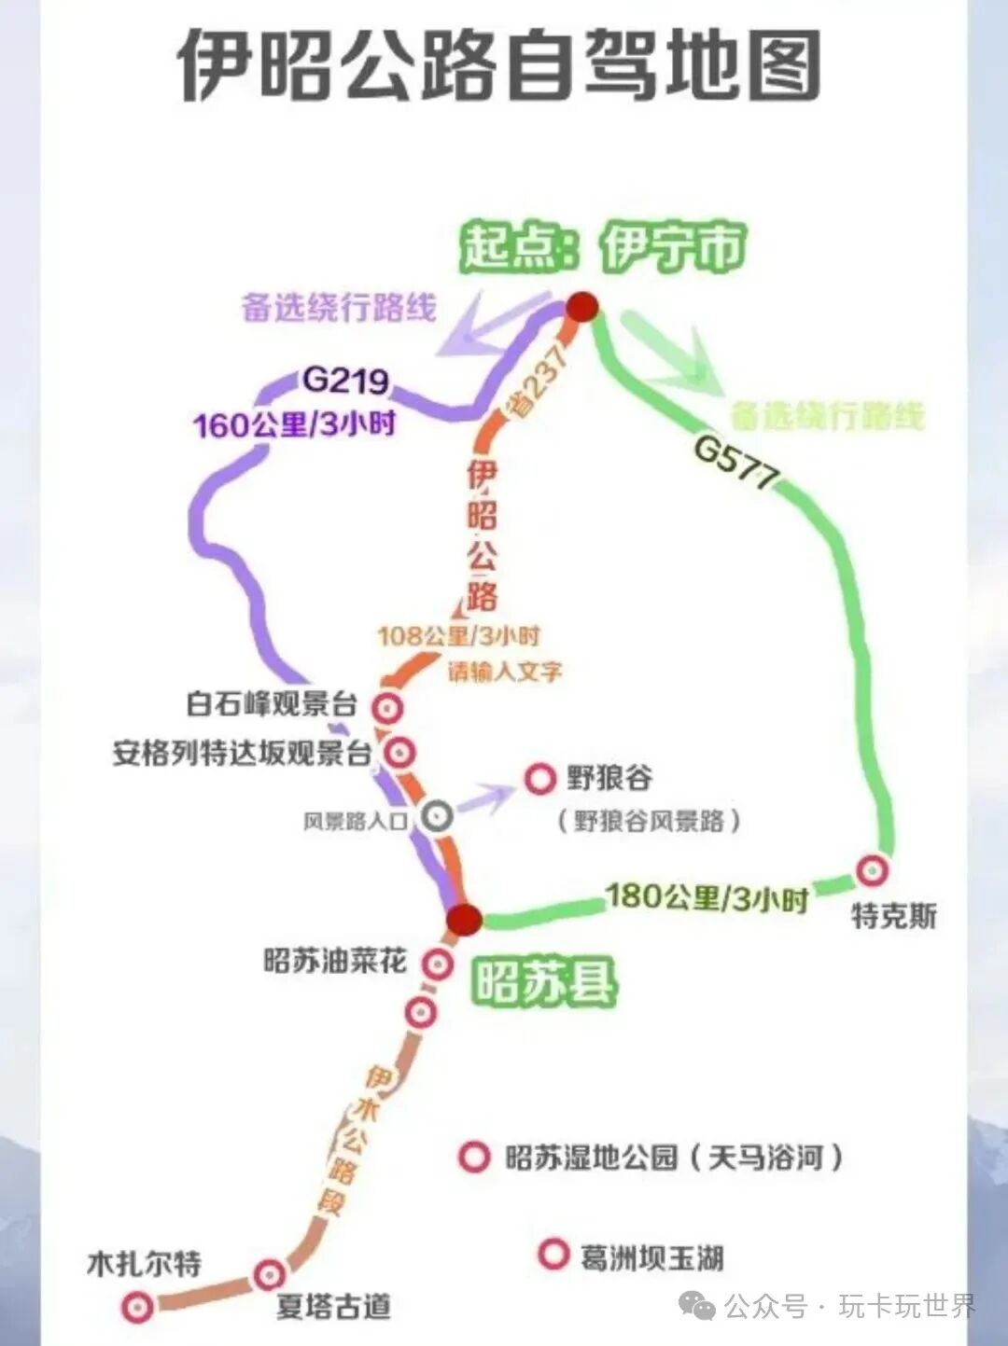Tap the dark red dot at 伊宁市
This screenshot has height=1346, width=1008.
[583, 307]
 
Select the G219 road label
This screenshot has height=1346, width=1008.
[346, 381]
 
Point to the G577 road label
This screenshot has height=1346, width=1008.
[736, 462]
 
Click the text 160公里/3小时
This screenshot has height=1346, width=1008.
[295, 424]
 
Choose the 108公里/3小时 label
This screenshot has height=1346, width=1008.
[458, 636]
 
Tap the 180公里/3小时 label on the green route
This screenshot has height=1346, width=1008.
[707, 897]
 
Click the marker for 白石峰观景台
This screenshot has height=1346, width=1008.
[387, 707]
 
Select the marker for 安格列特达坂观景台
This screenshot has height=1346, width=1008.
[400, 750]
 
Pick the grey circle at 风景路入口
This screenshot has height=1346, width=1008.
[436, 816]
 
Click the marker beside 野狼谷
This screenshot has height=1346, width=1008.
[539, 779]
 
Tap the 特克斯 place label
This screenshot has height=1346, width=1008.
[893, 916]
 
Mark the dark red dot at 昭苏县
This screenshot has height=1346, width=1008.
[464, 920]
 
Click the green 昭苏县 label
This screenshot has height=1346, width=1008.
[544, 981]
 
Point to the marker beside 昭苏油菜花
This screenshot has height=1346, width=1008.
[437, 963]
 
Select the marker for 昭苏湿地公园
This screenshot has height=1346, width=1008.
[474, 1157]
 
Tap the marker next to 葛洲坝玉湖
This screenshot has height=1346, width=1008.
[553, 1255]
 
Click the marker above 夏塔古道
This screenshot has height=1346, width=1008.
[270, 1273]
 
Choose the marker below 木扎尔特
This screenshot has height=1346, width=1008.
[138, 1307]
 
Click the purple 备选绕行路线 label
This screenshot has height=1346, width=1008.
[339, 307]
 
